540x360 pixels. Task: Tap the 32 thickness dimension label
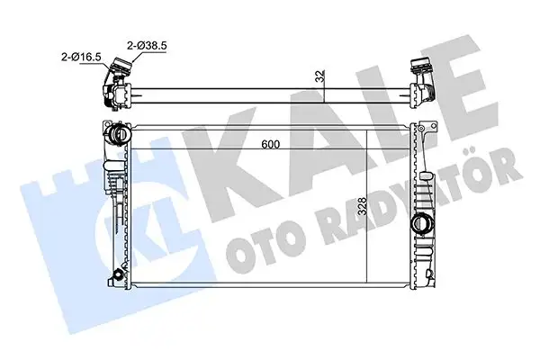(319, 76)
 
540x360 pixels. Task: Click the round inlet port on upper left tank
(116, 134)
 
